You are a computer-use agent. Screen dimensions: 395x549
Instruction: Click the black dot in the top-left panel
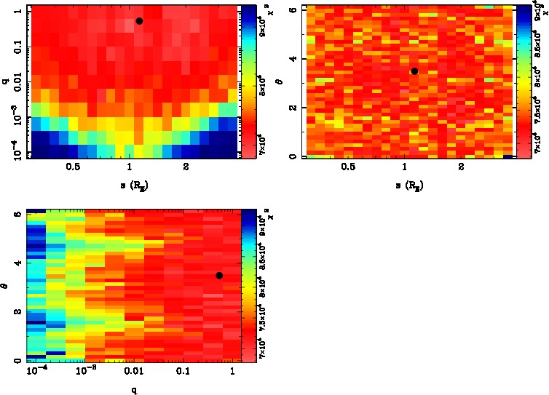click(x=139, y=21)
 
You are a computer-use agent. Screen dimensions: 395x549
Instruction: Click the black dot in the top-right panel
click(x=414, y=71)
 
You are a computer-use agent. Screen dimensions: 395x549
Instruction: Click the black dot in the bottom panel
click(x=219, y=275)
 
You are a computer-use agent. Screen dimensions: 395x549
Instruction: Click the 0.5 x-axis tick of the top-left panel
click(x=72, y=167)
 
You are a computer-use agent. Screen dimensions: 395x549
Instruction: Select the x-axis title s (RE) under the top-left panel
click(x=130, y=185)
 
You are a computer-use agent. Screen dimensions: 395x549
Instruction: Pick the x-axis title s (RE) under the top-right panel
click(x=405, y=185)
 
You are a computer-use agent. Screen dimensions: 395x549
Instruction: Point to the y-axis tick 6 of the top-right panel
click(x=291, y=9)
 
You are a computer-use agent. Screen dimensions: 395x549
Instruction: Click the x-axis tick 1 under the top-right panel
click(x=405, y=167)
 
